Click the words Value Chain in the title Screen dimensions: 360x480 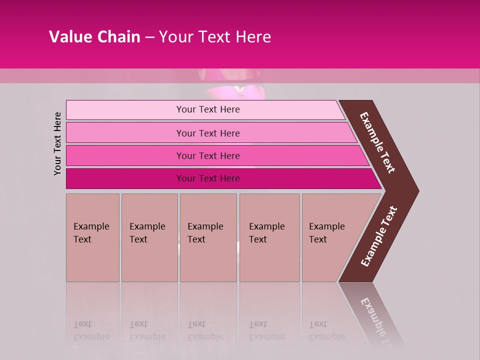pyautogui.click(x=94, y=37)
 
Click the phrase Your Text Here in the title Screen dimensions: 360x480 pyautogui.click(x=214, y=37)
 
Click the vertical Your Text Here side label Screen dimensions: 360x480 pyautogui.click(x=57, y=143)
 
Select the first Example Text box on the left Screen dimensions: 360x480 pyautogui.click(x=92, y=237)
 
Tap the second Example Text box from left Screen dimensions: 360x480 pyautogui.click(x=149, y=237)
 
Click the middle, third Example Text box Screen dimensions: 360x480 pyautogui.click(x=208, y=237)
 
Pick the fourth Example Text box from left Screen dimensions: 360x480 pyautogui.click(x=269, y=237)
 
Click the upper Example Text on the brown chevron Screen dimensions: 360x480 pyautogui.click(x=377, y=142)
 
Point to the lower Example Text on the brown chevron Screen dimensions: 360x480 pyautogui.click(x=379, y=236)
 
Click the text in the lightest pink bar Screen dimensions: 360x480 pyautogui.click(x=208, y=109)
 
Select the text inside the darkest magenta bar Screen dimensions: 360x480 pyautogui.click(x=208, y=178)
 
